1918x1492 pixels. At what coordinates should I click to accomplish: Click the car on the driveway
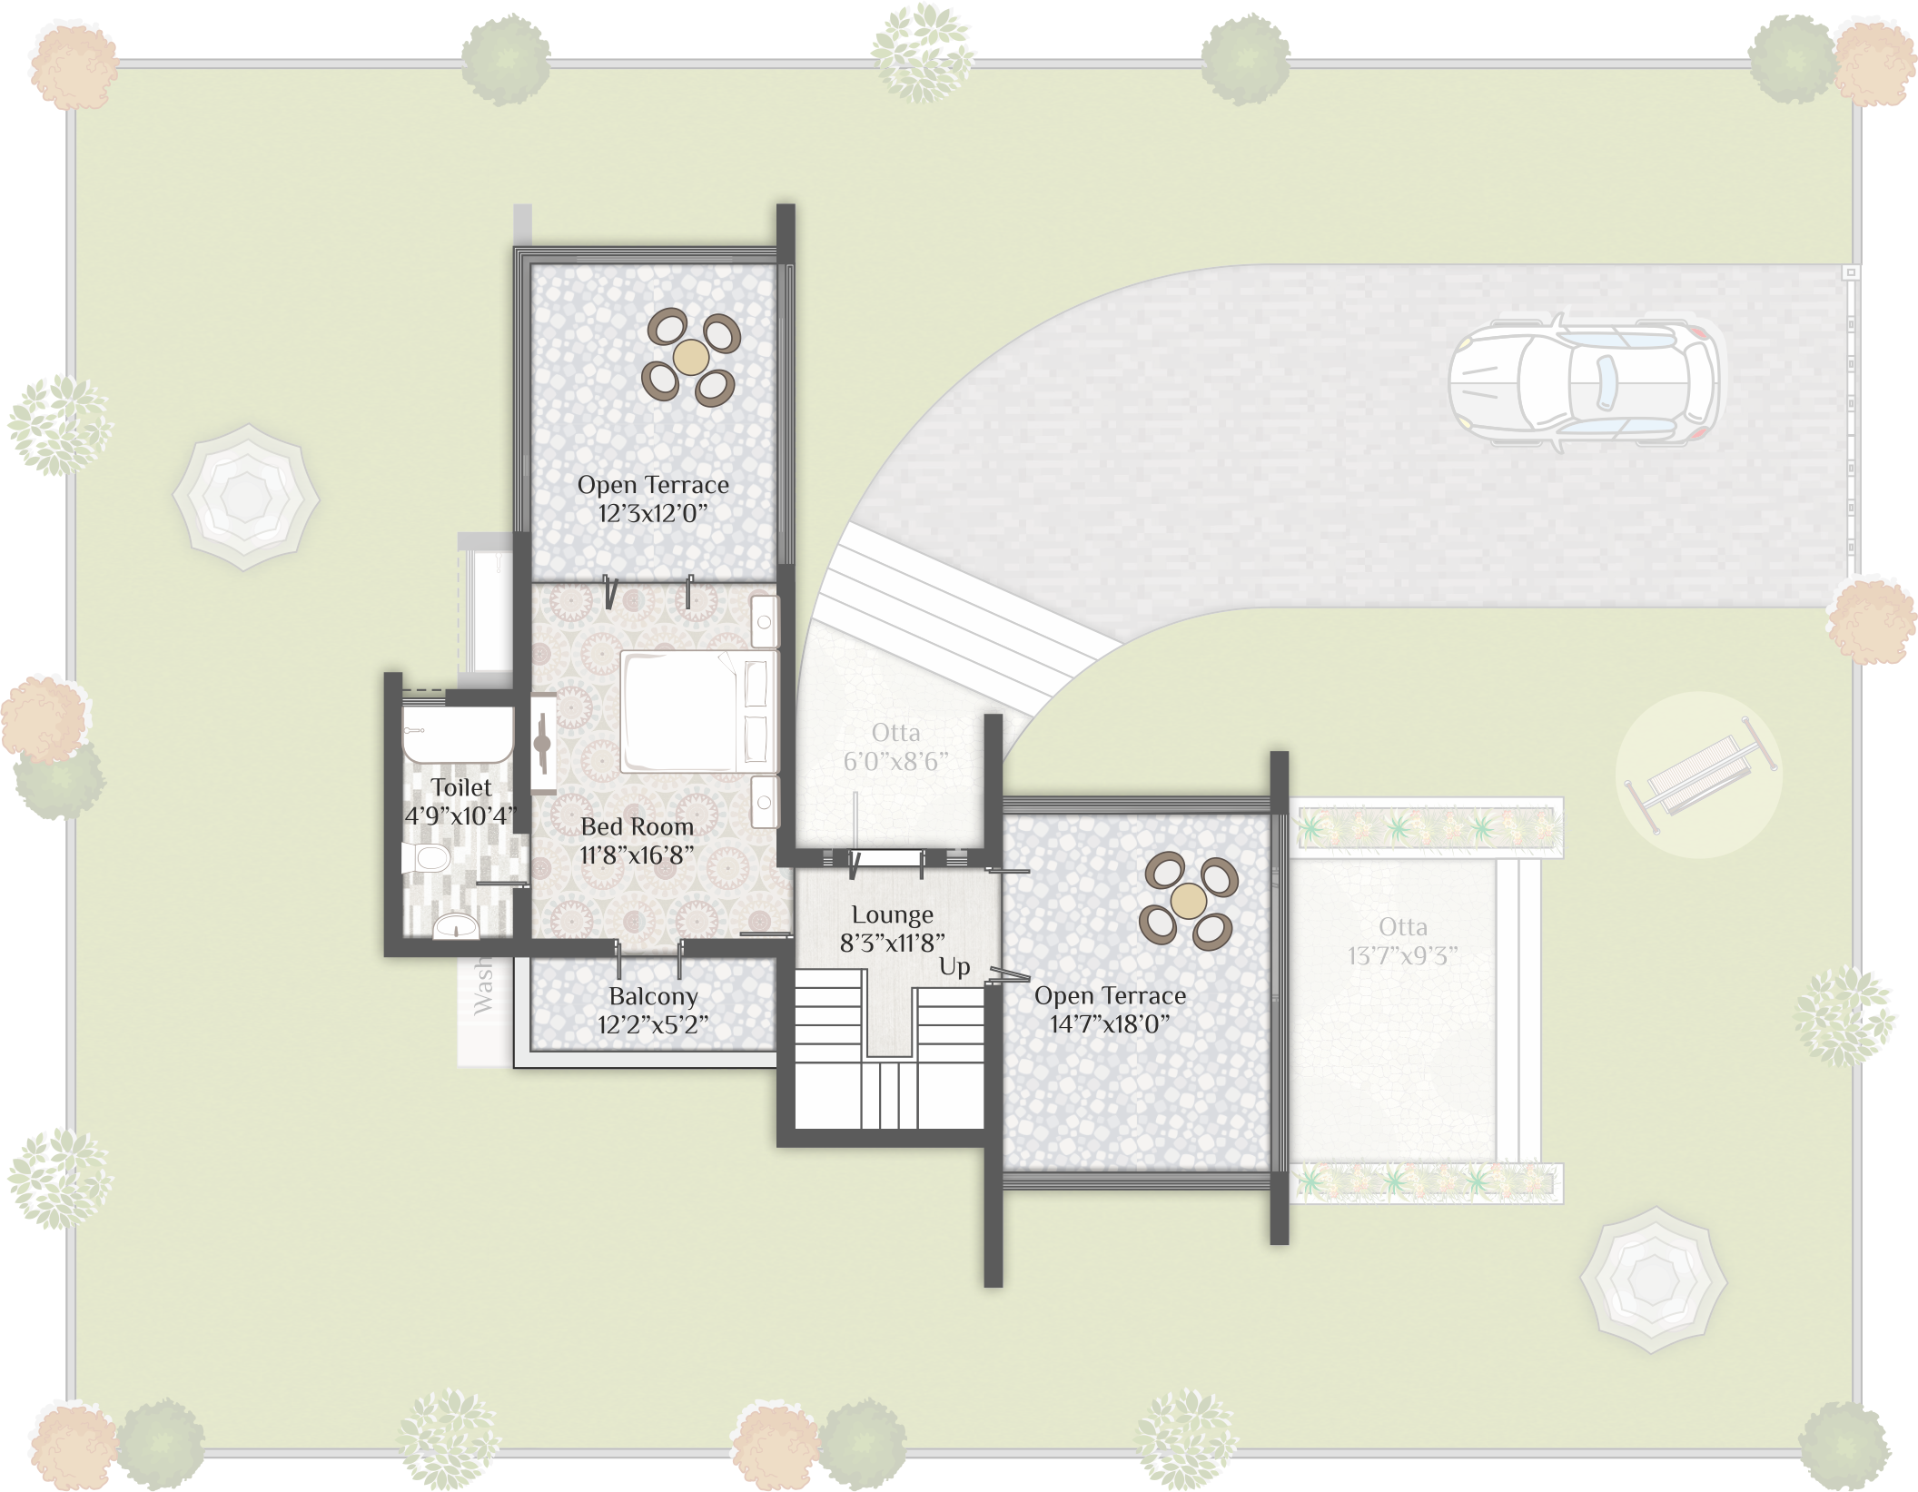[x=1584, y=383]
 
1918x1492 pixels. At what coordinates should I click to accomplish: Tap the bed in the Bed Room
[x=699, y=711]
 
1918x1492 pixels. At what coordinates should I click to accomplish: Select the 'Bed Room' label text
[x=637, y=827]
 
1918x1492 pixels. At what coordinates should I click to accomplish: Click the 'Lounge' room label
[x=892, y=915]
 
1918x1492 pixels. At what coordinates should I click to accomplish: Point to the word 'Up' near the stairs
[x=954, y=967]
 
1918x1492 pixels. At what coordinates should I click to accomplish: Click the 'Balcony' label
[x=653, y=997]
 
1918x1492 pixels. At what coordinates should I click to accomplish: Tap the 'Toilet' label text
[x=461, y=787]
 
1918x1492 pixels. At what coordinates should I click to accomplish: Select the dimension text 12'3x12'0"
[x=652, y=514]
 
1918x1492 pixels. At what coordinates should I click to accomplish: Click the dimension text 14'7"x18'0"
[x=1110, y=1024]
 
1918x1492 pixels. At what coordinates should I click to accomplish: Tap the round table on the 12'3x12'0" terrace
[x=691, y=357]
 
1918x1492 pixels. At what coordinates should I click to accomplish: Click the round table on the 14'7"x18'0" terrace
[x=1188, y=901]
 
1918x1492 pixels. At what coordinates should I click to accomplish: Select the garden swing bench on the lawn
[x=1700, y=775]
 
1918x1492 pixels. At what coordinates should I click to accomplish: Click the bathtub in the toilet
[x=458, y=734]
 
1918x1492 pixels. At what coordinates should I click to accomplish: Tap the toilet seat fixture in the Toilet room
[x=427, y=857]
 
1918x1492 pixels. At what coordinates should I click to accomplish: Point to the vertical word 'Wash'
[x=483, y=989]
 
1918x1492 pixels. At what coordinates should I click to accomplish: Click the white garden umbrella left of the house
[x=246, y=497]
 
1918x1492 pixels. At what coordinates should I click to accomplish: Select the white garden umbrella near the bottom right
[x=1654, y=1280]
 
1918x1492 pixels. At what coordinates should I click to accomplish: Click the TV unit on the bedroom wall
[x=543, y=744]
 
